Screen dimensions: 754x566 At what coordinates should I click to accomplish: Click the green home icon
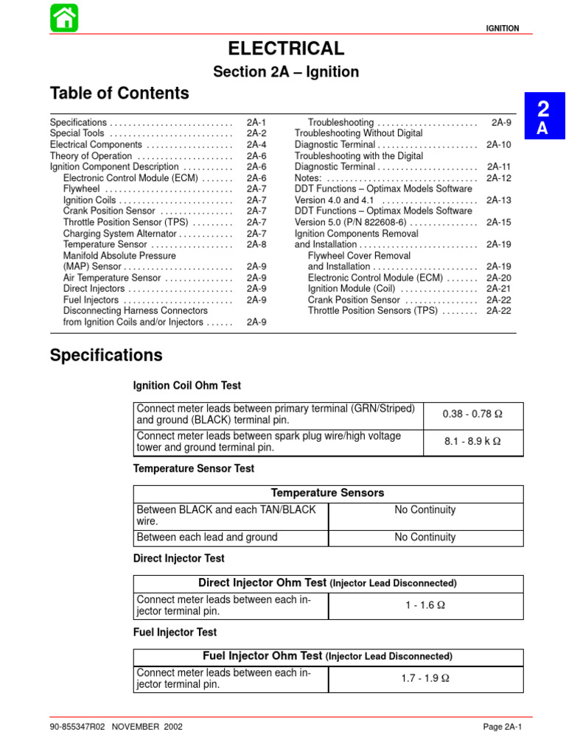click(64, 17)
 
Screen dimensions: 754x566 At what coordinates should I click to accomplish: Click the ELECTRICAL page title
click(286, 49)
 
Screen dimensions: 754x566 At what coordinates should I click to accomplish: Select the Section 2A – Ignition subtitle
click(286, 72)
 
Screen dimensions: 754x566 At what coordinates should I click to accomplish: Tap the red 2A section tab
click(543, 116)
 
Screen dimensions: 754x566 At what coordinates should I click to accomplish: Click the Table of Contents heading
click(119, 94)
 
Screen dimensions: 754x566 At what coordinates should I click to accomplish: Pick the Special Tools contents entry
click(80, 134)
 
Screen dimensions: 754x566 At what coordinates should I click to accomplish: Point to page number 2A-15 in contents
click(498, 222)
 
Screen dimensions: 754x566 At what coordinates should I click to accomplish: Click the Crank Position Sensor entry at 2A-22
click(354, 300)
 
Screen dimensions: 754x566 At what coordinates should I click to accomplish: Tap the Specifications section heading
click(106, 356)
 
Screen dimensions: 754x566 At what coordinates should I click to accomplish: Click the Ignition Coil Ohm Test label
click(186, 386)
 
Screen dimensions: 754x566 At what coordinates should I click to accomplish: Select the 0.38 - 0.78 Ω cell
click(472, 415)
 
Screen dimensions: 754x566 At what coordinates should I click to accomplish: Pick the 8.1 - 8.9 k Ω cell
click(472, 442)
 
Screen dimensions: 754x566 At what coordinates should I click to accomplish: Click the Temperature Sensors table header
click(328, 493)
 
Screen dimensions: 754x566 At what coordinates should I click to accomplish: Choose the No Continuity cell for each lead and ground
click(425, 538)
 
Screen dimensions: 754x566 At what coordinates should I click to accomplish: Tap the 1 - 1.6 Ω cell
click(425, 606)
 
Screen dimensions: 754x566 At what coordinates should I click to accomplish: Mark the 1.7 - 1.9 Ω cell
click(425, 679)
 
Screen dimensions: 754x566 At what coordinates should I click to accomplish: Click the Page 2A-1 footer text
click(502, 727)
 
